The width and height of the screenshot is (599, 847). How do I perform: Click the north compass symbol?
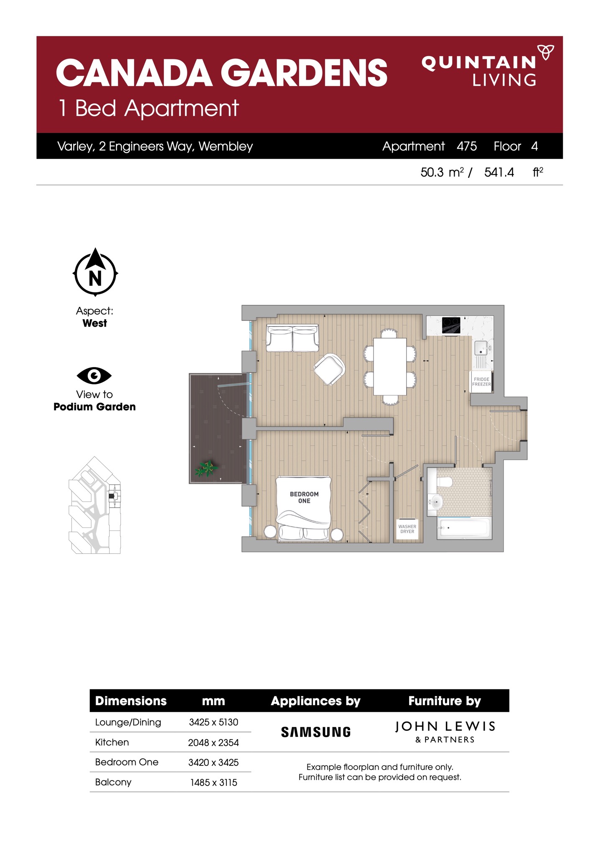pos(95,272)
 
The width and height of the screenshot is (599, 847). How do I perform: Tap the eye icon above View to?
pos(94,376)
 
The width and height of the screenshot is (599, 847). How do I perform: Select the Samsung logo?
pos(316,732)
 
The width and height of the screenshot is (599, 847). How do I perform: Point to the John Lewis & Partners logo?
pos(445,732)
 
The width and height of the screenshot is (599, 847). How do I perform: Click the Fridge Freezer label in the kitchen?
pos(481,381)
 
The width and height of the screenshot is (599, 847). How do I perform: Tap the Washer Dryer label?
pos(407,529)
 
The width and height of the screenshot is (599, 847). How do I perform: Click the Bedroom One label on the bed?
pos(304,497)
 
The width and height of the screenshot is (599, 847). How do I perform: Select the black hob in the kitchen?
pos(451,325)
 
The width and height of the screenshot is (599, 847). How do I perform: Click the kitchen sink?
pos(481,348)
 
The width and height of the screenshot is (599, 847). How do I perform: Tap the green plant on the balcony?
pos(205,468)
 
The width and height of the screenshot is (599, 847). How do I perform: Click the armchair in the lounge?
pos(329,369)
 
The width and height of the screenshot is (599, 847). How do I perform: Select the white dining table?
pos(390,366)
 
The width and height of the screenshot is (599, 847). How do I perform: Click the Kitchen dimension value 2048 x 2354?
pos(213,742)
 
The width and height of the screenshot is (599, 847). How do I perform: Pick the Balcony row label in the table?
pos(113,782)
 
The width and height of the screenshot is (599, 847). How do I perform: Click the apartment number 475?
pos(467,146)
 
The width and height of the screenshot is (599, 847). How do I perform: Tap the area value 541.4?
pos(499,172)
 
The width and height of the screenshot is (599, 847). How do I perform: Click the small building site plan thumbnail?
pos(95,505)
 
